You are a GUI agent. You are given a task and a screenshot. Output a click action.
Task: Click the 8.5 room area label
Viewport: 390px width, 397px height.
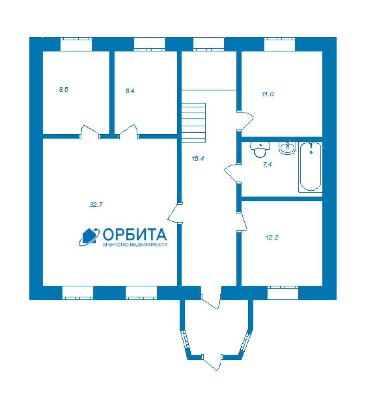(x=64, y=90)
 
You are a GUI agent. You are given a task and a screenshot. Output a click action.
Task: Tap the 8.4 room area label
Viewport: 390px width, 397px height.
(x=130, y=91)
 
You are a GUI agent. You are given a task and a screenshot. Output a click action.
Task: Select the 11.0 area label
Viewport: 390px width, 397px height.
(x=268, y=94)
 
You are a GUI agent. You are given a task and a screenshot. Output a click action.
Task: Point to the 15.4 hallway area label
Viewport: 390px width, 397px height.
(x=198, y=159)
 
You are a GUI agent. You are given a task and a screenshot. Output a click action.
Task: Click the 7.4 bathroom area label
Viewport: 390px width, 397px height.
(x=267, y=164)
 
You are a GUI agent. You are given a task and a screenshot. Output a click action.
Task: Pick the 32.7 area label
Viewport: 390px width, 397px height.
(x=96, y=205)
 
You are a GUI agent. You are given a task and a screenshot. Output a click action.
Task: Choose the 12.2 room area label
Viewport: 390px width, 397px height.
(x=272, y=237)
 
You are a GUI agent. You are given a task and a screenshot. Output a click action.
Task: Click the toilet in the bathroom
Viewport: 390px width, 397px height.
(x=260, y=149)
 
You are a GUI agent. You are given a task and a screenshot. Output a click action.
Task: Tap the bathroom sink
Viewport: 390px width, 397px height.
(x=287, y=148)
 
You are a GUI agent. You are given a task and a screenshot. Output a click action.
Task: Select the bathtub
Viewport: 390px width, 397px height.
(x=311, y=167)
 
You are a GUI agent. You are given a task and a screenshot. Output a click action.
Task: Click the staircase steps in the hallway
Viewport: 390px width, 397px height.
(x=193, y=123)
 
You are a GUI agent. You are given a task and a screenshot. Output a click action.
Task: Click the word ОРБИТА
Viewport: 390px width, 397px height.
(x=135, y=234)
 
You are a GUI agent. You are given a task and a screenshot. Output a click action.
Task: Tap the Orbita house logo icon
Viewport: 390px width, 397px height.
(x=89, y=237)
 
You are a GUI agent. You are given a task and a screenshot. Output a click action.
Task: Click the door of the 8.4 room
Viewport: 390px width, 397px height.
(x=129, y=131)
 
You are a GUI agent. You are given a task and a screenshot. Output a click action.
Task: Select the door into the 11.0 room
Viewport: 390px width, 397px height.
(x=245, y=121)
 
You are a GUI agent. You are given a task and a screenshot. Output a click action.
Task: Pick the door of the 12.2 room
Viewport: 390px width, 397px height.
(x=242, y=221)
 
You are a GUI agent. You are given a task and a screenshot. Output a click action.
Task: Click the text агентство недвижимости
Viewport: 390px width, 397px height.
(x=135, y=245)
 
